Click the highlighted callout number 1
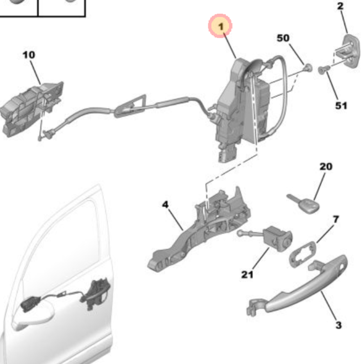click(221, 27)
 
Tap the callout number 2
click(340, 7)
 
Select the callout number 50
click(283, 38)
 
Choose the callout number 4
click(165, 205)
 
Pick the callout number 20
click(326, 166)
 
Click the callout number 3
click(338, 325)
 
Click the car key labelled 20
click(301, 204)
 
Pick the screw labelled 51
click(324, 69)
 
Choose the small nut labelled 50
click(308, 68)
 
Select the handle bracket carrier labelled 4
click(199, 232)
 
